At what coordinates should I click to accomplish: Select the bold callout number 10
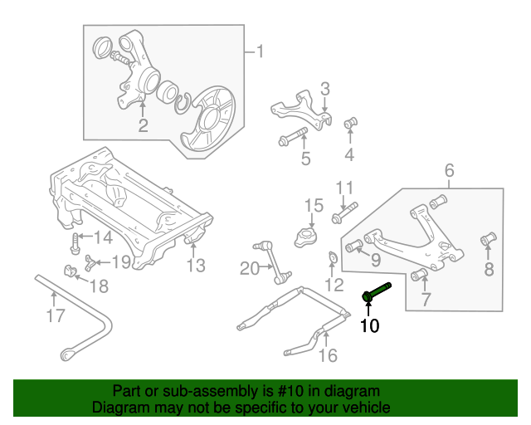[x=369, y=326]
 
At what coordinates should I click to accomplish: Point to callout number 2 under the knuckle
[x=143, y=126]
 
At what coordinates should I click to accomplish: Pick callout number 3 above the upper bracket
[x=325, y=89]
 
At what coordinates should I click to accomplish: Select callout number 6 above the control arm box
[x=449, y=171]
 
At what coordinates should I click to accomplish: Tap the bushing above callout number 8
[x=488, y=241]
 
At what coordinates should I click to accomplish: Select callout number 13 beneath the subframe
[x=195, y=266]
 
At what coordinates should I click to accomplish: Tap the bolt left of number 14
[x=76, y=242]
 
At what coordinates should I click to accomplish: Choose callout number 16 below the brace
[x=328, y=356]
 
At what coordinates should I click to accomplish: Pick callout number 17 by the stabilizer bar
[x=55, y=315]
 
